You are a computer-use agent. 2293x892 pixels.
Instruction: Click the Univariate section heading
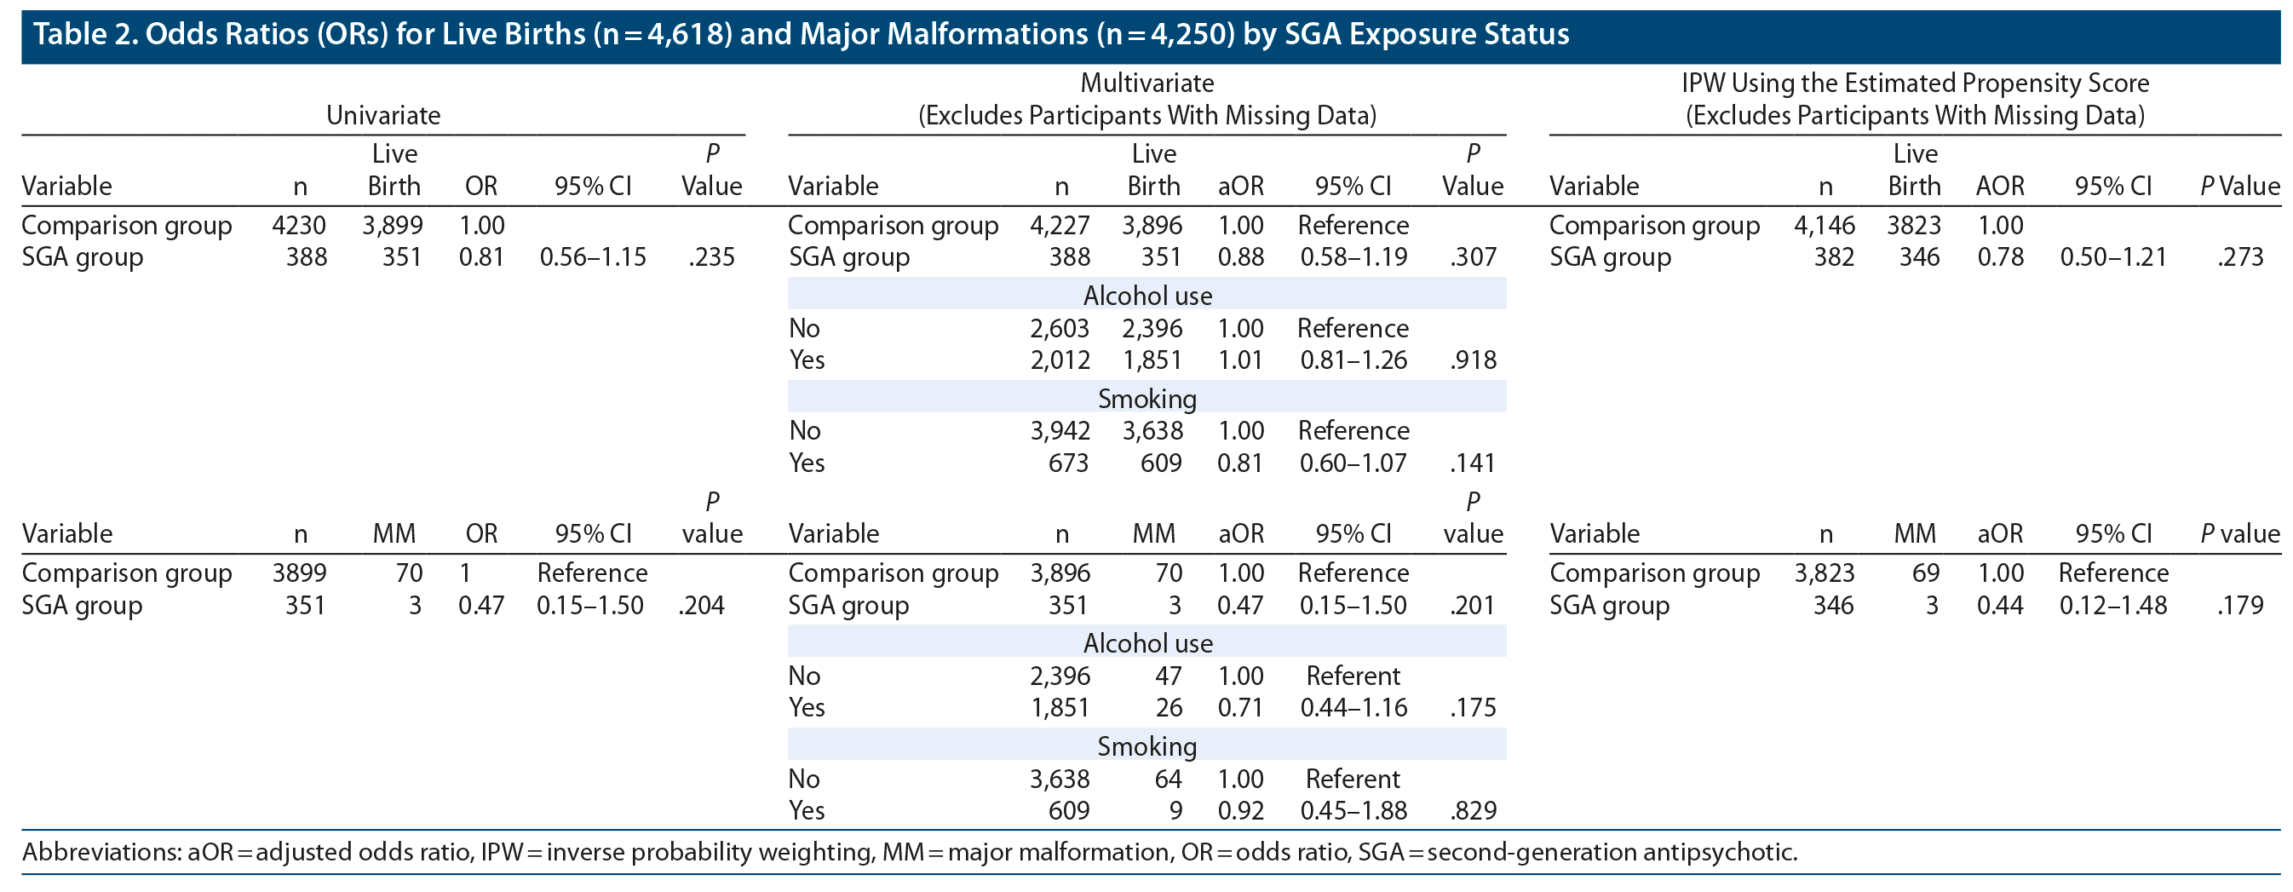click(x=382, y=115)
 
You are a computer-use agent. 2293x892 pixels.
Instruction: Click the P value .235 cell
click(x=711, y=257)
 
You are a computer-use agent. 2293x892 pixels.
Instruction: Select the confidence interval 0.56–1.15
click(x=593, y=257)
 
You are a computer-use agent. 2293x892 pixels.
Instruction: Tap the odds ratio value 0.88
click(x=1240, y=257)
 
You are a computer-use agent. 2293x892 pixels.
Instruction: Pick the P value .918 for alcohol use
click(x=1474, y=360)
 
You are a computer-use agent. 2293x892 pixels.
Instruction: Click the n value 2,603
click(x=1060, y=329)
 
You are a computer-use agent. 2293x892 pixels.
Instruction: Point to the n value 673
click(x=1068, y=463)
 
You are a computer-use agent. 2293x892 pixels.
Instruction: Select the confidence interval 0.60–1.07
click(x=1353, y=463)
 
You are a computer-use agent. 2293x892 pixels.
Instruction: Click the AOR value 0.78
click(x=2000, y=257)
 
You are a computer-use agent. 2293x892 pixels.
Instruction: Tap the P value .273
click(x=2240, y=257)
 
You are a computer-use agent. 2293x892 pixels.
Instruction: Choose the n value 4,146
click(x=1824, y=225)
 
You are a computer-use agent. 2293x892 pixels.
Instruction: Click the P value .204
click(x=701, y=606)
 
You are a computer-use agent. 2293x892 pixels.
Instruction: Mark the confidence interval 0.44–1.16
click(x=1353, y=708)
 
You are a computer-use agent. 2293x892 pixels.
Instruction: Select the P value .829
click(x=1474, y=811)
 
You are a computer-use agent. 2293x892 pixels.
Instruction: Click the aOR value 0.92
click(x=1240, y=811)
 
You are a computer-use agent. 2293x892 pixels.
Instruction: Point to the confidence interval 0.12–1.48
click(x=2113, y=606)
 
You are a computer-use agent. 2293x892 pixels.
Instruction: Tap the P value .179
click(x=2240, y=606)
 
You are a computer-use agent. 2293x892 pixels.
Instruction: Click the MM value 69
click(x=1925, y=573)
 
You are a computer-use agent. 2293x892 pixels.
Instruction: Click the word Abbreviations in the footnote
click(x=101, y=852)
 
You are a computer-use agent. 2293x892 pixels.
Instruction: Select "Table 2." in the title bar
click(x=84, y=34)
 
